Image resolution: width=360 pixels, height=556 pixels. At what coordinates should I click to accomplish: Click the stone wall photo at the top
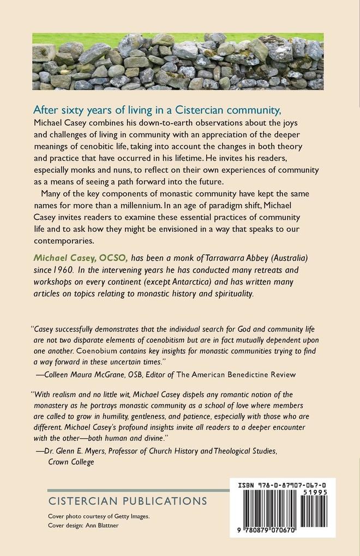[x=178, y=61]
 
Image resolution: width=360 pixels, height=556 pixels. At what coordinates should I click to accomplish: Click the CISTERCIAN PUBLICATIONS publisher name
[x=128, y=500]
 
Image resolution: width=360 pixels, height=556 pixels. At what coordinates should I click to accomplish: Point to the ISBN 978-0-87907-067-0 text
[x=283, y=485]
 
